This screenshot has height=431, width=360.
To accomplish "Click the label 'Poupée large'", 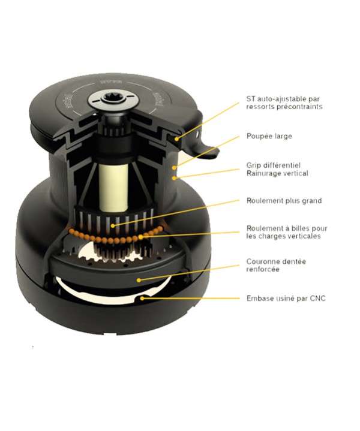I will [x=269, y=136].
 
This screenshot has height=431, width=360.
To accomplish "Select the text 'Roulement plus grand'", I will [x=283, y=201].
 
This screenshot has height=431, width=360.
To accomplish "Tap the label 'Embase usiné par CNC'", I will [x=285, y=298].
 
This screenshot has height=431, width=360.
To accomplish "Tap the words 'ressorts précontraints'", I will [x=284, y=107].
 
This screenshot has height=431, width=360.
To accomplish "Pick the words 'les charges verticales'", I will [x=283, y=236].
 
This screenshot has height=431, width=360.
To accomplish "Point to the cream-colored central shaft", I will [x=113, y=174].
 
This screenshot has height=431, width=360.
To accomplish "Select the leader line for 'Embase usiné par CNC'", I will [x=192, y=298].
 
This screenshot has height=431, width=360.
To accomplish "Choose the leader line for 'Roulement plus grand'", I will [x=180, y=212].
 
